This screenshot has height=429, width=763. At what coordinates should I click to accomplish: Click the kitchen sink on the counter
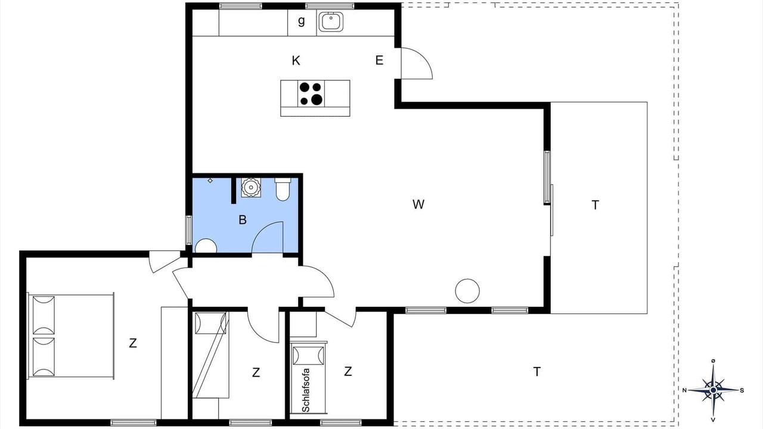pos(331,21)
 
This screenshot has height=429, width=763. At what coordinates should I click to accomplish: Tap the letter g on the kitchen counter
pos(301,21)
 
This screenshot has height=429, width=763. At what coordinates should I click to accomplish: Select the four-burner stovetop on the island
pos(311,94)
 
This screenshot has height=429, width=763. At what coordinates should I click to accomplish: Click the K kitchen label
pos(296,61)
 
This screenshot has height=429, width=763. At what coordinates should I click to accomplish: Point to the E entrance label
pos(379,60)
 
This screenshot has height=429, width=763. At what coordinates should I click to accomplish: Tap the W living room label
pos(418,204)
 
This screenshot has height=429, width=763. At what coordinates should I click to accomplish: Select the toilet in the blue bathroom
pos(283,189)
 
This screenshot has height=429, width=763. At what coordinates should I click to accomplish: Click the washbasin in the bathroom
pos(252,187)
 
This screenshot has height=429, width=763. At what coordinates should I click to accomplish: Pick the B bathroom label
pos(243,220)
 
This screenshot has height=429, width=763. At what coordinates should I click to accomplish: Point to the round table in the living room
pos(467,291)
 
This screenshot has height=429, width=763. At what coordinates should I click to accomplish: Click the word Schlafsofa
pos(306,390)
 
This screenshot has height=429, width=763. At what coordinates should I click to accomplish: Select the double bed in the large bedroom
pos(71,335)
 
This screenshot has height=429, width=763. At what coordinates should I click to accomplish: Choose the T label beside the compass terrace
pos(537,371)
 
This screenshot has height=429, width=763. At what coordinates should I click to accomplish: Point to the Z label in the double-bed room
pos(133,343)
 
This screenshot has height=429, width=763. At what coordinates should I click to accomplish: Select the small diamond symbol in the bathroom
pos(210,181)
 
